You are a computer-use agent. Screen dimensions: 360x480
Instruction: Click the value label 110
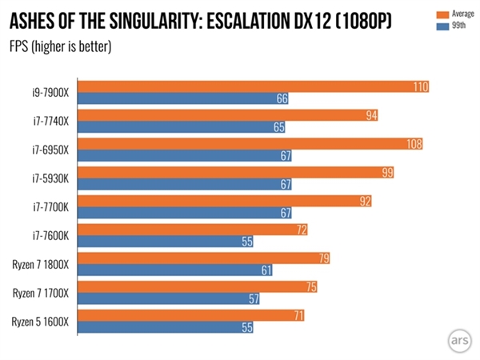pyautogui.click(x=420, y=86)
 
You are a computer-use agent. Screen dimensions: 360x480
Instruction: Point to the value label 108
pyautogui.click(x=414, y=144)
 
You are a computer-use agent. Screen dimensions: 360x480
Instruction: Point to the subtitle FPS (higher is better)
pyautogui.click(x=60, y=46)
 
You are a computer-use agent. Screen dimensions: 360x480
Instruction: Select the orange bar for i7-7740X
pyautogui.click(x=228, y=115)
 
